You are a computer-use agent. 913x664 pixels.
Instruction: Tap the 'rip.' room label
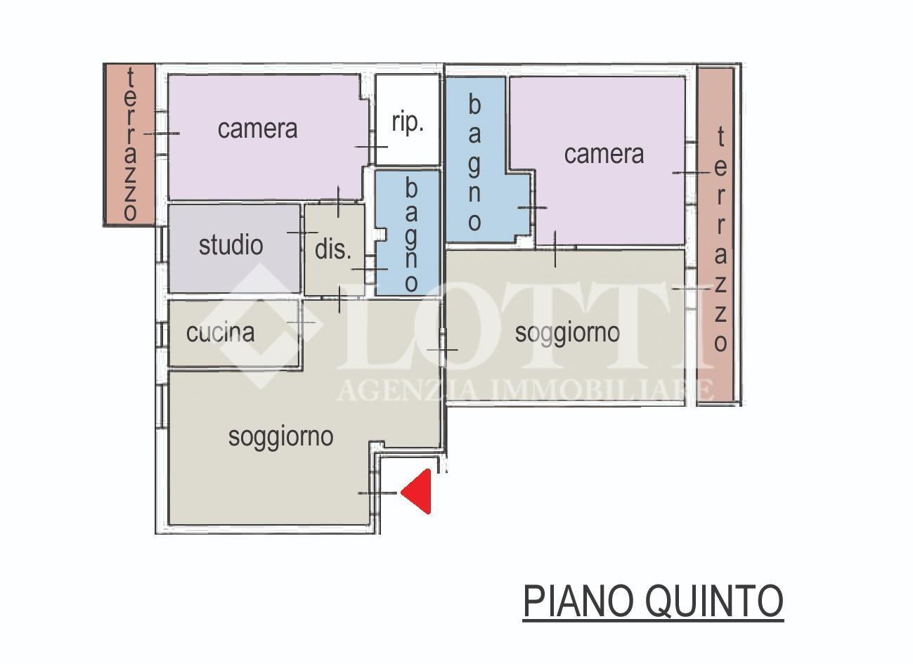(x=407, y=122)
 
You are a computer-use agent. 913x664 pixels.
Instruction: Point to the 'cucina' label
(x=221, y=332)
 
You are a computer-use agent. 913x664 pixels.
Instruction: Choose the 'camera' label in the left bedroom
(x=258, y=129)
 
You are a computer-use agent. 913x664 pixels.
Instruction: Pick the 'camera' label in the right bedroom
(x=604, y=154)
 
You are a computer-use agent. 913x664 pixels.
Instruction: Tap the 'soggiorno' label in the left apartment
(x=281, y=438)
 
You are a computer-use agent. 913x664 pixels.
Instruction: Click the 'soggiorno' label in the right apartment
(x=567, y=334)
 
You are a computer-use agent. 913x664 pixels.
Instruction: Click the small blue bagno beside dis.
(x=408, y=233)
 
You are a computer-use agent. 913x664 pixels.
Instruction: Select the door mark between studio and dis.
(x=302, y=233)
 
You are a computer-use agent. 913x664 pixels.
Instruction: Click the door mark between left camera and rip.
(x=371, y=147)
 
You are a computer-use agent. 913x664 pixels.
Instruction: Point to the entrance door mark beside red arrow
(x=377, y=493)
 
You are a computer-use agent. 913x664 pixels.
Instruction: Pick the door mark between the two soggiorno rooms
(x=442, y=349)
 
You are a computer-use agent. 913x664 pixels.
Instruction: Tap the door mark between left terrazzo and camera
(x=162, y=134)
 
